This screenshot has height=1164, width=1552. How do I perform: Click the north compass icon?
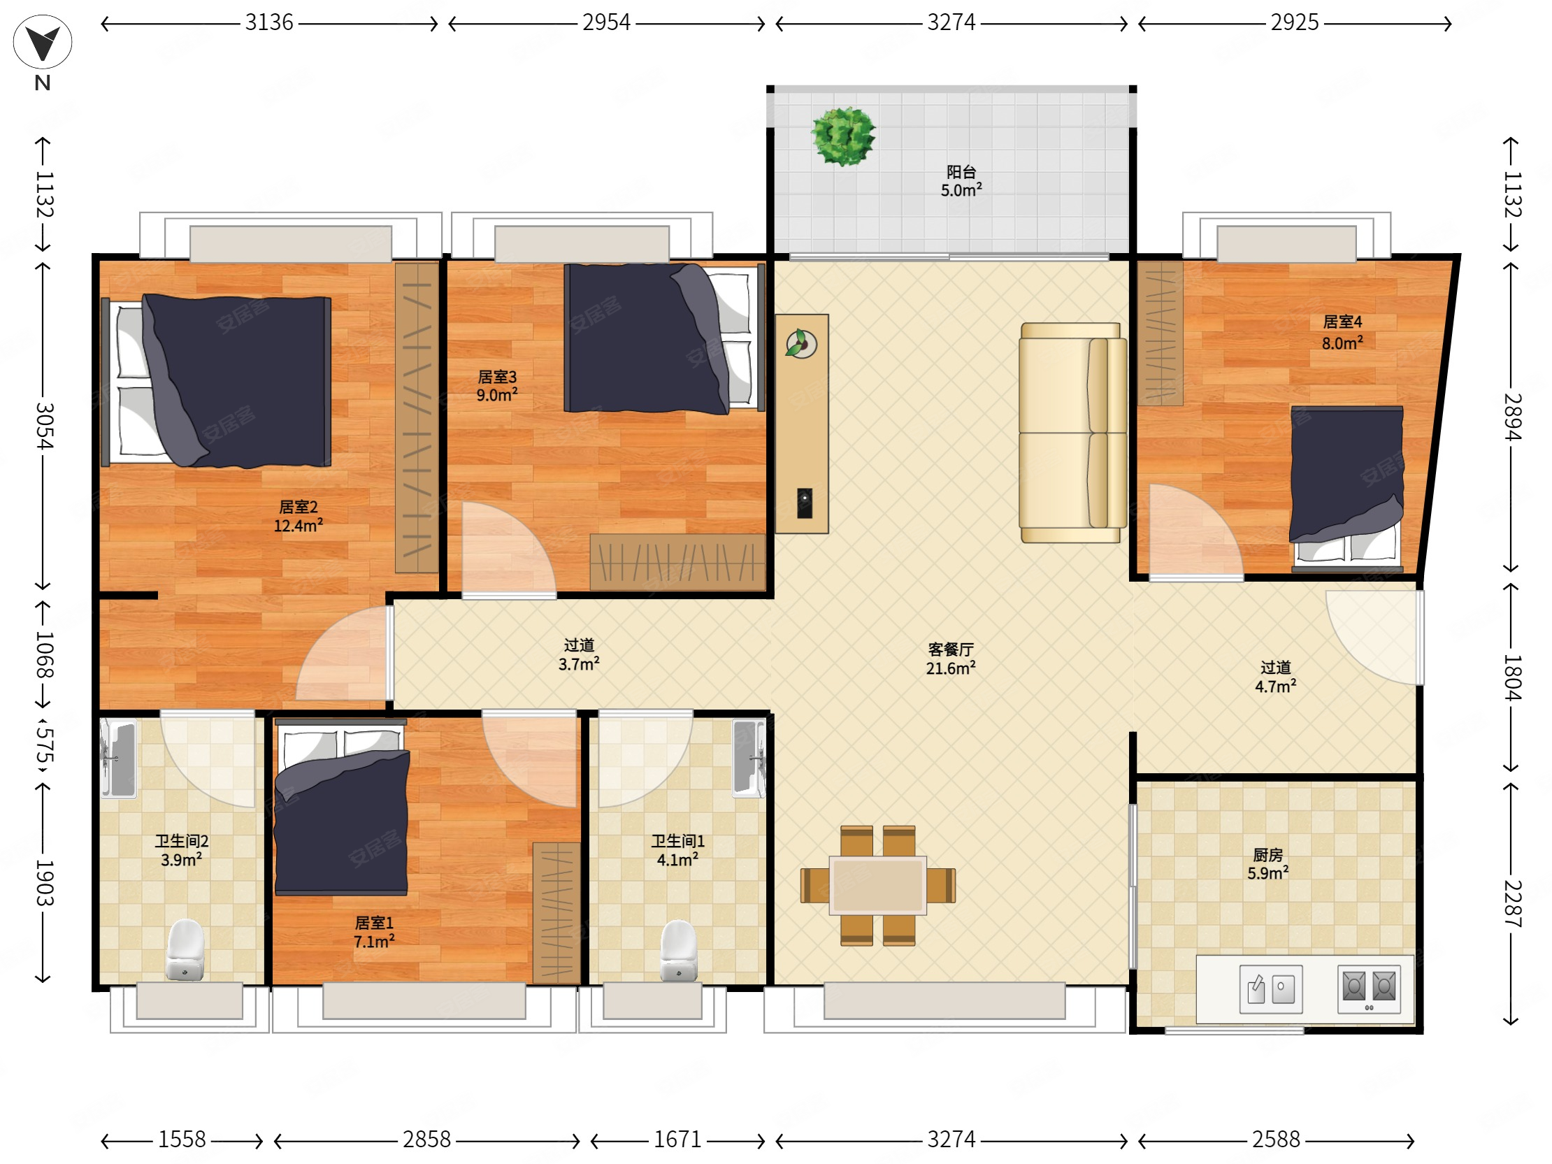tap(42, 41)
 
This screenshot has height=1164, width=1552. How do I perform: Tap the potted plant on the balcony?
tap(843, 136)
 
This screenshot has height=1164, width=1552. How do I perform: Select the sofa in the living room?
tap(1073, 432)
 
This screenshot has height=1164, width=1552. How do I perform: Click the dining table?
tap(878, 886)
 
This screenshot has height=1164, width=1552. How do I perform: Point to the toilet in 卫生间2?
tap(185, 950)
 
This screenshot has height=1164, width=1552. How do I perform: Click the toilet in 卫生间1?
tap(678, 951)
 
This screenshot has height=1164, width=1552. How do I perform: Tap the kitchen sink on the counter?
tap(1271, 989)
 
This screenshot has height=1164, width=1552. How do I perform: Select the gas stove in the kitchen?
tap(1369, 989)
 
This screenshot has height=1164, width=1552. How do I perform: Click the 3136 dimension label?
tap(268, 23)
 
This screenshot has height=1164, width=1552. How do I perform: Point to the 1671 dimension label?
tap(677, 1140)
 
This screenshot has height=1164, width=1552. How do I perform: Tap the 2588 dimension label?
tap(1276, 1140)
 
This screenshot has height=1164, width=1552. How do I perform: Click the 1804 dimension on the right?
tap(1512, 677)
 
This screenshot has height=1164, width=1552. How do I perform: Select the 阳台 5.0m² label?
tap(961, 181)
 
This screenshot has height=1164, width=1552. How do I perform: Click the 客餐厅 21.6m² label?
tap(951, 659)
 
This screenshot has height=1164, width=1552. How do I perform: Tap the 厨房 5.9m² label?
tap(1268, 864)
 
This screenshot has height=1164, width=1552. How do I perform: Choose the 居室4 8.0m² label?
tap(1342, 333)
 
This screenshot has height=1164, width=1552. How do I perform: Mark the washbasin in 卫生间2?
tap(119, 759)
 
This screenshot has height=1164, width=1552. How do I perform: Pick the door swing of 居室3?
tap(508, 550)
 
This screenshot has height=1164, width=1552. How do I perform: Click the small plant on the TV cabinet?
tap(800, 344)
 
